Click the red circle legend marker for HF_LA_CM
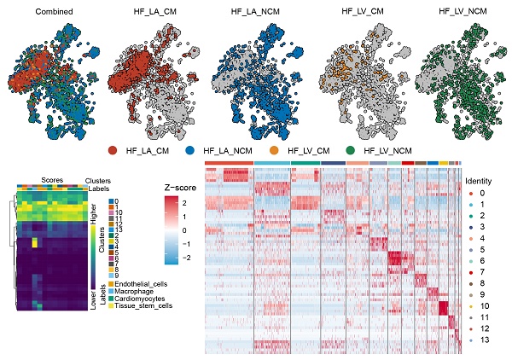coord(113,150)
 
